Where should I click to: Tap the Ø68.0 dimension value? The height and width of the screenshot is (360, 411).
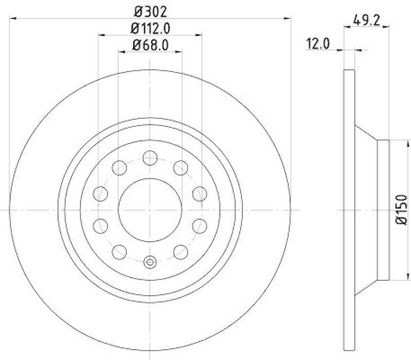pyautogui.click(x=150, y=45)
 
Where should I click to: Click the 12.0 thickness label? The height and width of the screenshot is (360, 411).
pyautogui.click(x=317, y=44)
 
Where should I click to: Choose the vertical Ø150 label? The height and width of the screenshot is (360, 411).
pyautogui.click(x=401, y=210)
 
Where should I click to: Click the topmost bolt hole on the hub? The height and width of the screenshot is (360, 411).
pyautogui.click(x=150, y=157)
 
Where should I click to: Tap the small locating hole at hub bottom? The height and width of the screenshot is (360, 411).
pyautogui.click(x=150, y=262)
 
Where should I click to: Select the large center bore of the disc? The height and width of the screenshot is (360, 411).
pyautogui.click(x=150, y=210)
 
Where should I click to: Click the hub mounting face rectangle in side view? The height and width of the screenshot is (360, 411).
pyautogui.click(x=384, y=210)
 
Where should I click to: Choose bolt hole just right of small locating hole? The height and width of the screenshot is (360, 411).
pyautogui.click(x=180, y=251)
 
